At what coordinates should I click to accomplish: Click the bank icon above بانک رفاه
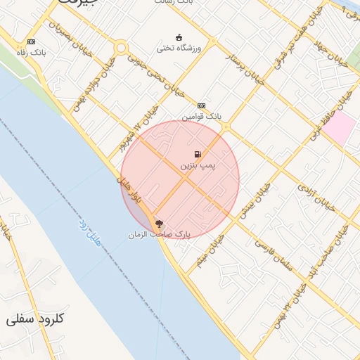pos(32,42)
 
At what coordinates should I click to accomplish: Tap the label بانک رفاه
pos(31,53)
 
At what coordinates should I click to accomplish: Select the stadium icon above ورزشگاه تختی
pos(179,37)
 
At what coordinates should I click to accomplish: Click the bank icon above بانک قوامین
pos(202,104)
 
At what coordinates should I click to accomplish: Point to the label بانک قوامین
pos(202,115)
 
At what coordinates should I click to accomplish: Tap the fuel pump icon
pos(198,154)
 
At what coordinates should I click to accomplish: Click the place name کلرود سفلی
pos(34,319)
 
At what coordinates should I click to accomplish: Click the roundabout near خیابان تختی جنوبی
pos(122,49)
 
